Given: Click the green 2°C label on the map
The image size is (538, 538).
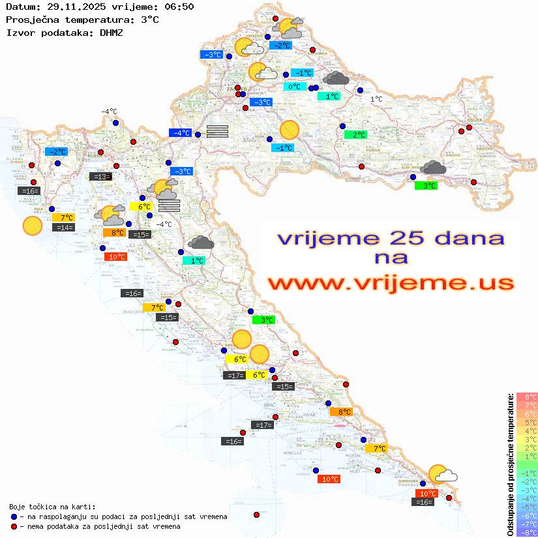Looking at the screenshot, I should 355,135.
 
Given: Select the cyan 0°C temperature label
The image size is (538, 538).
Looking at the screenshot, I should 295,87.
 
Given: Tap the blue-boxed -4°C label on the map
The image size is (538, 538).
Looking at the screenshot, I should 180,133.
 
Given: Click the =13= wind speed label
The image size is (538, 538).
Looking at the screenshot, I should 100,177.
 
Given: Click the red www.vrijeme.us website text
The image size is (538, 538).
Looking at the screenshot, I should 390,283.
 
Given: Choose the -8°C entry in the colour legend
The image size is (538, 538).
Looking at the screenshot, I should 527,532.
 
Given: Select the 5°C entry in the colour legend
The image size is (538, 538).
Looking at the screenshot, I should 527,422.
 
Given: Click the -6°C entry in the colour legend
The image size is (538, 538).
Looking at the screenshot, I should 527,515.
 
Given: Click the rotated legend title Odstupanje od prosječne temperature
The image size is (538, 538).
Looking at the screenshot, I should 510,464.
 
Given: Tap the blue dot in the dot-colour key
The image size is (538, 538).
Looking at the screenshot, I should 14,516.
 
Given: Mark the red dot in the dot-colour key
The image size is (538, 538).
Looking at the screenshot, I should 14,526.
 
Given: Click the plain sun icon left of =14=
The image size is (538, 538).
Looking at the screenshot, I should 32,226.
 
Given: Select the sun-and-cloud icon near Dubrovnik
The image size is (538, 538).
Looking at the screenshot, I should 441,474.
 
